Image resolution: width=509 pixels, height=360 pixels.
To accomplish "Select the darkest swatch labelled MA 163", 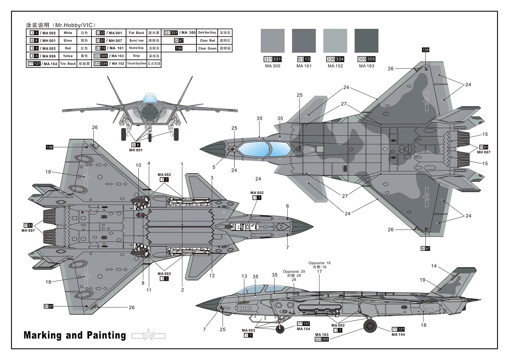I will (x=366, y=41).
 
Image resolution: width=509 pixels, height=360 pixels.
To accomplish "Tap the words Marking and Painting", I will (x=75, y=335).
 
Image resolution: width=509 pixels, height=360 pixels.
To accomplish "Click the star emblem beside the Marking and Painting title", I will (x=148, y=335).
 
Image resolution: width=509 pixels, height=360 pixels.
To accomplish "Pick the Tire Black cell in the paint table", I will (x=67, y=64).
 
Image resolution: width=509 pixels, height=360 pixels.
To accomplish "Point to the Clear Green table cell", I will (x=208, y=48).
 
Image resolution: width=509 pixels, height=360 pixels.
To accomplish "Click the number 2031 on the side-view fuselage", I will (x=246, y=308).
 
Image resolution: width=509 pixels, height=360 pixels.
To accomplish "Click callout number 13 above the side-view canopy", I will (x=244, y=276).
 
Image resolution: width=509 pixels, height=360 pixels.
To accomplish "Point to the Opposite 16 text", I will (x=319, y=263).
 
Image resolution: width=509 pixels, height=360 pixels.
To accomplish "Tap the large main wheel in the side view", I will (x=370, y=326).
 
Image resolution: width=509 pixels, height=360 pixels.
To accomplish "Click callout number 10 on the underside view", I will (x=138, y=165).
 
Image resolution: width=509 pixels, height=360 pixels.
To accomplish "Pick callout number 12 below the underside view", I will (x=212, y=276).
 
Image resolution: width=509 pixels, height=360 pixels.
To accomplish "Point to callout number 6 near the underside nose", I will (x=287, y=206).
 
